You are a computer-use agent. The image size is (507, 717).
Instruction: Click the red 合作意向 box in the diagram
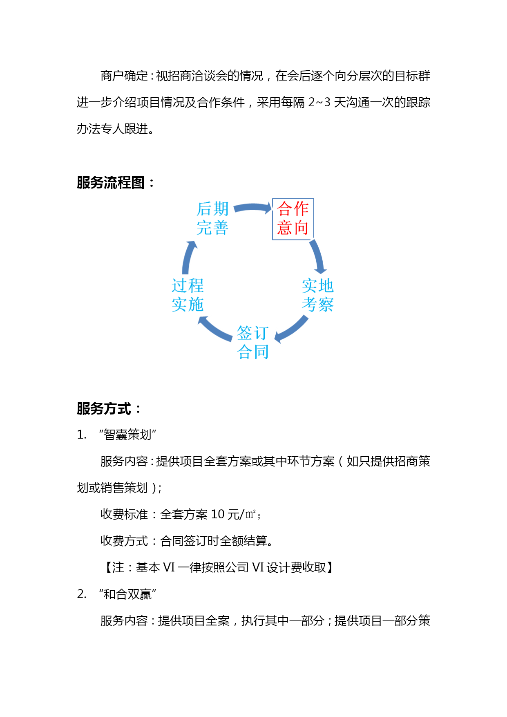point(293,219)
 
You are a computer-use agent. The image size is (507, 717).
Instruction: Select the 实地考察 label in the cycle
point(318,295)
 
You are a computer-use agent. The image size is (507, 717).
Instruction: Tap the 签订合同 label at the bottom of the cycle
point(253,343)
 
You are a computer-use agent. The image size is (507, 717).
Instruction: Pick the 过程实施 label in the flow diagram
point(188,295)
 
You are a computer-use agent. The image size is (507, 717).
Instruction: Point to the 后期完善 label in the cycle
point(212,218)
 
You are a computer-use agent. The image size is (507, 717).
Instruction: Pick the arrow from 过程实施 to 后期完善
point(188,258)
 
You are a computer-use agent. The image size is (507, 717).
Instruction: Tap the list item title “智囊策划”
point(128,435)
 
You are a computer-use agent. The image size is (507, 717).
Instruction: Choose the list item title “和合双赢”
point(128,594)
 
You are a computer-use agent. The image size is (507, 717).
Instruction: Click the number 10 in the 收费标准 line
point(218,514)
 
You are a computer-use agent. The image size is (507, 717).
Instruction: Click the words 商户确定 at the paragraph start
point(124,76)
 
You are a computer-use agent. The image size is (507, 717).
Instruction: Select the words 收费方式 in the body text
point(124,541)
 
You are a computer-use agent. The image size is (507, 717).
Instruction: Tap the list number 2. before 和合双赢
point(82,594)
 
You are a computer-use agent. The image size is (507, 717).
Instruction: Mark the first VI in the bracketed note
point(169,567)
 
